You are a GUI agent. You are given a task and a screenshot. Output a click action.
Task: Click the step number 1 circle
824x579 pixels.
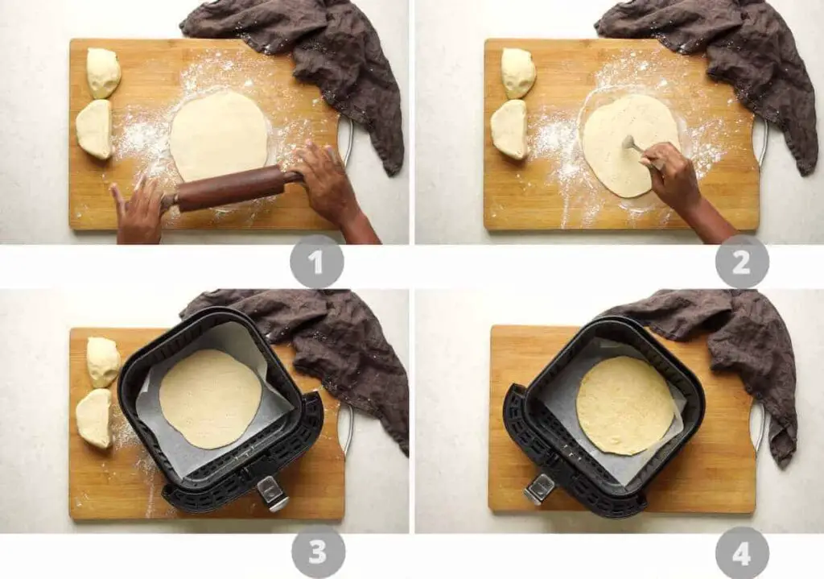317,262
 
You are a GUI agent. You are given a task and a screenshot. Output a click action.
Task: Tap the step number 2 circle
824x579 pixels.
741,262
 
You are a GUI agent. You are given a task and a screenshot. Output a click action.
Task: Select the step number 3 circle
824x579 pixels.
318,552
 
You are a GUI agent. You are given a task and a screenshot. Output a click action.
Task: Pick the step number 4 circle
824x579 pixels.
741,552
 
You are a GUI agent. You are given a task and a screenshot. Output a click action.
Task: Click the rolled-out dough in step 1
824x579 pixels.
219,135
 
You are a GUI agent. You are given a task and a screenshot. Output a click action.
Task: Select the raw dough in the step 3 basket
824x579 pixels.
210,399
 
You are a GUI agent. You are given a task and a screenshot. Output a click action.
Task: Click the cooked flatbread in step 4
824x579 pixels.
625,405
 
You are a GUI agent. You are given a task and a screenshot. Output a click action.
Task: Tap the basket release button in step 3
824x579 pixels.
274,493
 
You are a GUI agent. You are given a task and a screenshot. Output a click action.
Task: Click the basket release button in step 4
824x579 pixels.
539,489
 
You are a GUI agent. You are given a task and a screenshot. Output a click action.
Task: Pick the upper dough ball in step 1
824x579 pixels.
103,72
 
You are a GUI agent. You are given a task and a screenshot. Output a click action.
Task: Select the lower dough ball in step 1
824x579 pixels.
94,130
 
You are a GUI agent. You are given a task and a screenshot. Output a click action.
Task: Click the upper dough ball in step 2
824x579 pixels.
518,72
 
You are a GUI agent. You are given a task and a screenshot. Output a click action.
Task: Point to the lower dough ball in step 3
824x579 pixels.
94,418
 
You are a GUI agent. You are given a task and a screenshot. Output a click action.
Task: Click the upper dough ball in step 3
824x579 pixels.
103,362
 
